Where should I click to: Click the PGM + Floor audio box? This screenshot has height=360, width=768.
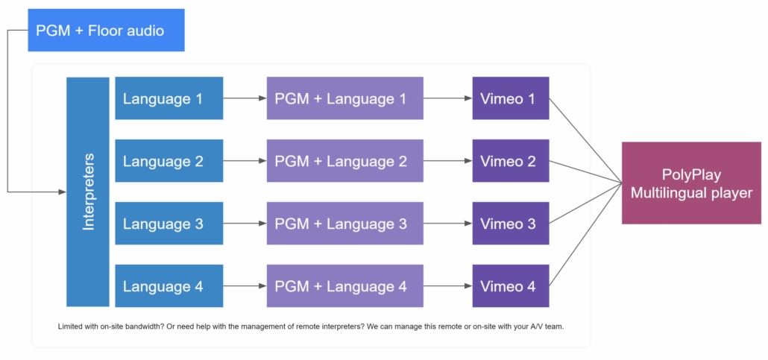[107, 30]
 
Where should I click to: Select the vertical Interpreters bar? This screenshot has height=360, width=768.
[88, 192]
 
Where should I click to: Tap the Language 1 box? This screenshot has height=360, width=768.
[169, 98]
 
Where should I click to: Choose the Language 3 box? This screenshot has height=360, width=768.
[169, 224]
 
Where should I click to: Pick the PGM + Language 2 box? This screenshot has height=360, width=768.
[344, 161]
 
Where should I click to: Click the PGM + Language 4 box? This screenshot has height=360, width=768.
[344, 286]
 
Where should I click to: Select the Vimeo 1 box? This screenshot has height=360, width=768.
[511, 98]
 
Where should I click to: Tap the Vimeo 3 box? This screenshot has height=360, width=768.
[511, 224]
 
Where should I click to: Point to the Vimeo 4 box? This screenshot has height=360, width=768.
[511, 286]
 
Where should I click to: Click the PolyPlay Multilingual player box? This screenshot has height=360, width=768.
[692, 183]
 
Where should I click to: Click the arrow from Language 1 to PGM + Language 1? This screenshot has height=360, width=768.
[245, 98]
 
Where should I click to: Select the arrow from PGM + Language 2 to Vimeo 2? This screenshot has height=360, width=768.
[447, 161]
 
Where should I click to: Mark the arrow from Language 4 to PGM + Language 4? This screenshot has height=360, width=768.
[245, 286]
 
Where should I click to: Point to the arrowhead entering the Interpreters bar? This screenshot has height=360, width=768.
[63, 192]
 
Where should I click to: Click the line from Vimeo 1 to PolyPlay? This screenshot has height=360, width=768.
[586, 141]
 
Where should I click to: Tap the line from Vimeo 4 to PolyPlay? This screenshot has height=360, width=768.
[586, 235]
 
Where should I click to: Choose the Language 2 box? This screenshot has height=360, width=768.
[169, 161]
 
